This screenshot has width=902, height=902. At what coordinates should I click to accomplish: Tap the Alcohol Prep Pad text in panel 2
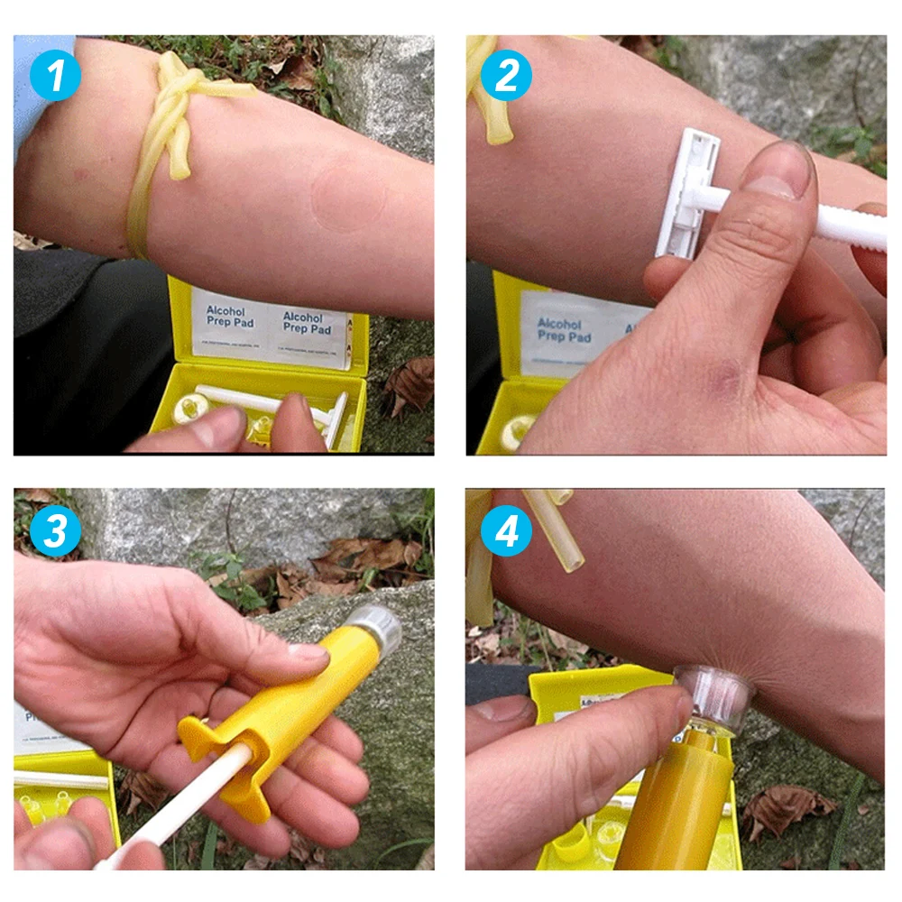point(565,330)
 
